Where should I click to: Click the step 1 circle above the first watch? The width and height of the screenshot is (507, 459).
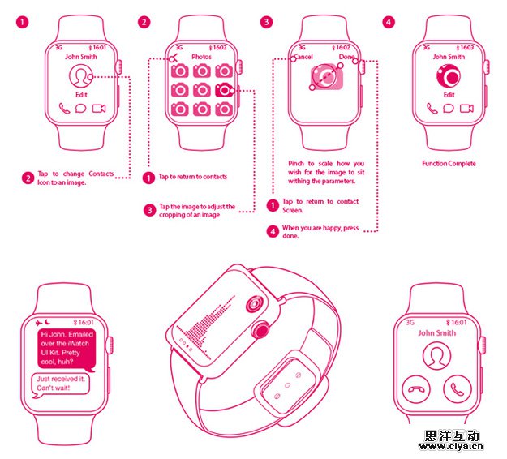[23, 23]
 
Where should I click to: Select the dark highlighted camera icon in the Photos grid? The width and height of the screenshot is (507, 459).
[224, 90]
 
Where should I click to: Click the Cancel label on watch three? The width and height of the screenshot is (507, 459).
[303, 57]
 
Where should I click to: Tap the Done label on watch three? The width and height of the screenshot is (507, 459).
[346, 57]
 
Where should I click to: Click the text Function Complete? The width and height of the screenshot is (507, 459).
[449, 164]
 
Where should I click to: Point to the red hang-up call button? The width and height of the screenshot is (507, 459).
[416, 389]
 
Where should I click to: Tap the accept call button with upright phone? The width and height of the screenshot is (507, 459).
[458, 389]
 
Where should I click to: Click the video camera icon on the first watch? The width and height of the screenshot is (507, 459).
[99, 109]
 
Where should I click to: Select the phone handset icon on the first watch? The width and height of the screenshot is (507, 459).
[64, 109]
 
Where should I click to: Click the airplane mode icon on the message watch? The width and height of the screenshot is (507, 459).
[39, 323]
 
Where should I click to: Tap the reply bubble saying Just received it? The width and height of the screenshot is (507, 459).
[61, 384]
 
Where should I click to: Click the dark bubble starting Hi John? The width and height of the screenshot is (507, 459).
[67, 349]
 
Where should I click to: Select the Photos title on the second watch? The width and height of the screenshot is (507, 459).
[201, 57]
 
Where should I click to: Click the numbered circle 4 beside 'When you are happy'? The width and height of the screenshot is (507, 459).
[273, 231]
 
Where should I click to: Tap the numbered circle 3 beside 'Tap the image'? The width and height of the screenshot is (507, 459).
[150, 210]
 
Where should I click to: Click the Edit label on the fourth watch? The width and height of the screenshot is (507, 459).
[449, 95]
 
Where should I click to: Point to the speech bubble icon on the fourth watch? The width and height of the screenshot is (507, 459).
[448, 109]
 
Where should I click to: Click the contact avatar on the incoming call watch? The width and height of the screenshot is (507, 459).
[436, 356]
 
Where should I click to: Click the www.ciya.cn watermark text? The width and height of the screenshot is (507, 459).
[451, 447]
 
